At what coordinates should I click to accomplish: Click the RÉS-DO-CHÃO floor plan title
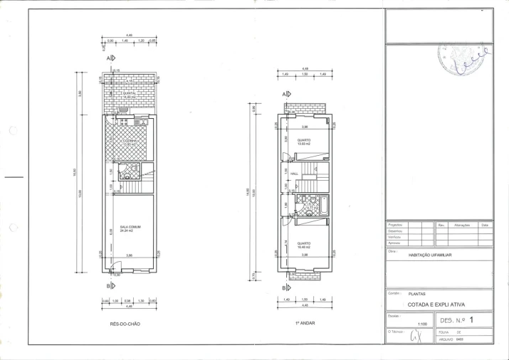(125, 324)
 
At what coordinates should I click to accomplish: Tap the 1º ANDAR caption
(305, 323)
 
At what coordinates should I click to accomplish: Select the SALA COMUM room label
(130, 229)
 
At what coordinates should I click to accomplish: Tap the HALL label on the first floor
(293, 173)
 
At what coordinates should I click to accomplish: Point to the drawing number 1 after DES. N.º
(471, 320)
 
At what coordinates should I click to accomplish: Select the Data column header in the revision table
(484, 225)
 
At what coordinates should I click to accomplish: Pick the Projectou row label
(395, 225)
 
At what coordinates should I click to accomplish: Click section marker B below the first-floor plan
(285, 287)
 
